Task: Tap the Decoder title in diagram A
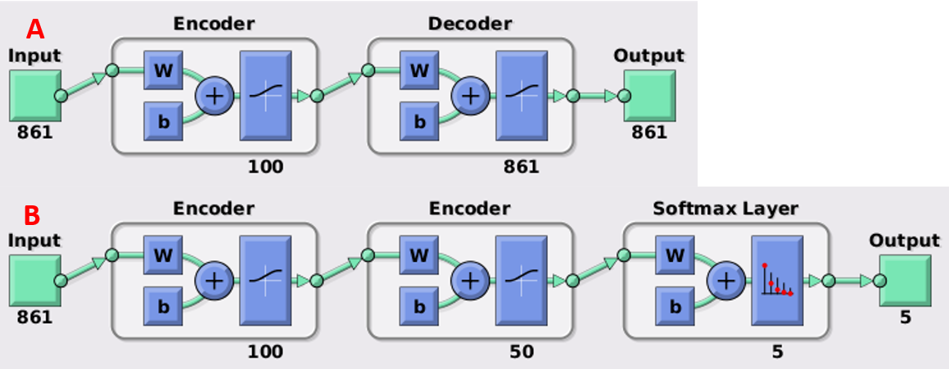point(470,24)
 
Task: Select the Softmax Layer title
point(725,209)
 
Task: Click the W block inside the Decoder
point(419,70)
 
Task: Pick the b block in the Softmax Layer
point(675,307)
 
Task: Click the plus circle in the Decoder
point(470,96)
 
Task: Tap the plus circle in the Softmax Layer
point(725,281)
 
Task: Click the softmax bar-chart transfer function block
point(777,281)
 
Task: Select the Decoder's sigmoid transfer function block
point(522,96)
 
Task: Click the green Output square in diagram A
point(649,96)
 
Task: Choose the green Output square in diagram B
point(905,281)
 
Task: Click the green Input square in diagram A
point(35,96)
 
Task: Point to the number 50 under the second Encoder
point(521,352)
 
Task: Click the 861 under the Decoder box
point(521,166)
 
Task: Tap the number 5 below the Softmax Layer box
point(777,352)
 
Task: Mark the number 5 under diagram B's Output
point(906,317)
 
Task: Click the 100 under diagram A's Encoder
point(265,166)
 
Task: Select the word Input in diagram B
point(34,241)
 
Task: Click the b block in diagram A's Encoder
point(164,122)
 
